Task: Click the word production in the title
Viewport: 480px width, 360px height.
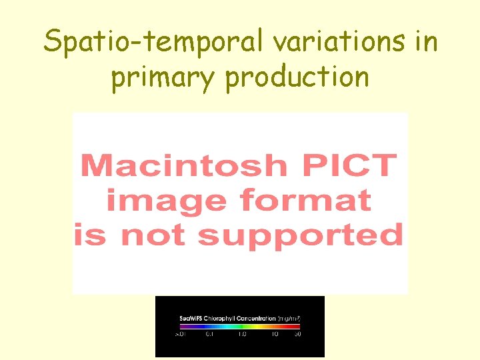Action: click(297, 77)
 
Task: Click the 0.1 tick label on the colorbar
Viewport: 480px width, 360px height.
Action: click(210, 334)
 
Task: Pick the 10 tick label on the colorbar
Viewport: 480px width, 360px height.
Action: click(274, 334)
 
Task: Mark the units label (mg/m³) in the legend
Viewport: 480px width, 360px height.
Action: click(289, 319)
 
